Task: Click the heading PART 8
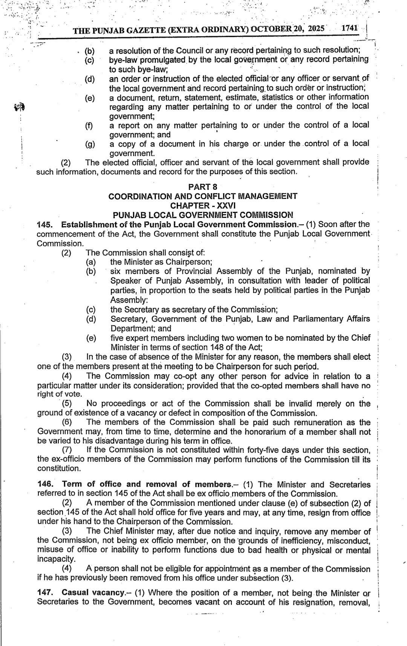pos(203,187)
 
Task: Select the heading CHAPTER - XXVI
pos(203,205)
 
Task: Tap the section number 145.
pos(44,225)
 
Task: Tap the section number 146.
pos(44,484)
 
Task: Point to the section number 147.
pos(44,593)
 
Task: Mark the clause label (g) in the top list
pos(90,144)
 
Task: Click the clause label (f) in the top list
pos(89,126)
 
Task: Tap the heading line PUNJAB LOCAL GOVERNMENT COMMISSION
pos(203,215)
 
